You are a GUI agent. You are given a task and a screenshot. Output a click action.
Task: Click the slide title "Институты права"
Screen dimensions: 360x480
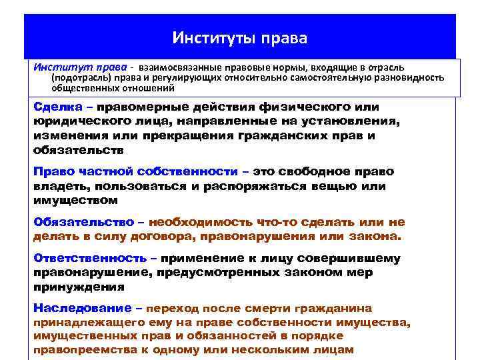coord(239,37)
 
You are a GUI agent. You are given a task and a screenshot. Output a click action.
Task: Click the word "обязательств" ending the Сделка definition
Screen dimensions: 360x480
coord(76,150)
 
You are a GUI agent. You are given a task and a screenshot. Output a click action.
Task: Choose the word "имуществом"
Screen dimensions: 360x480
coord(75,200)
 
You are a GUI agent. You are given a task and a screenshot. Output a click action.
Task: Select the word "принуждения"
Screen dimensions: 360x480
coord(78,287)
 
